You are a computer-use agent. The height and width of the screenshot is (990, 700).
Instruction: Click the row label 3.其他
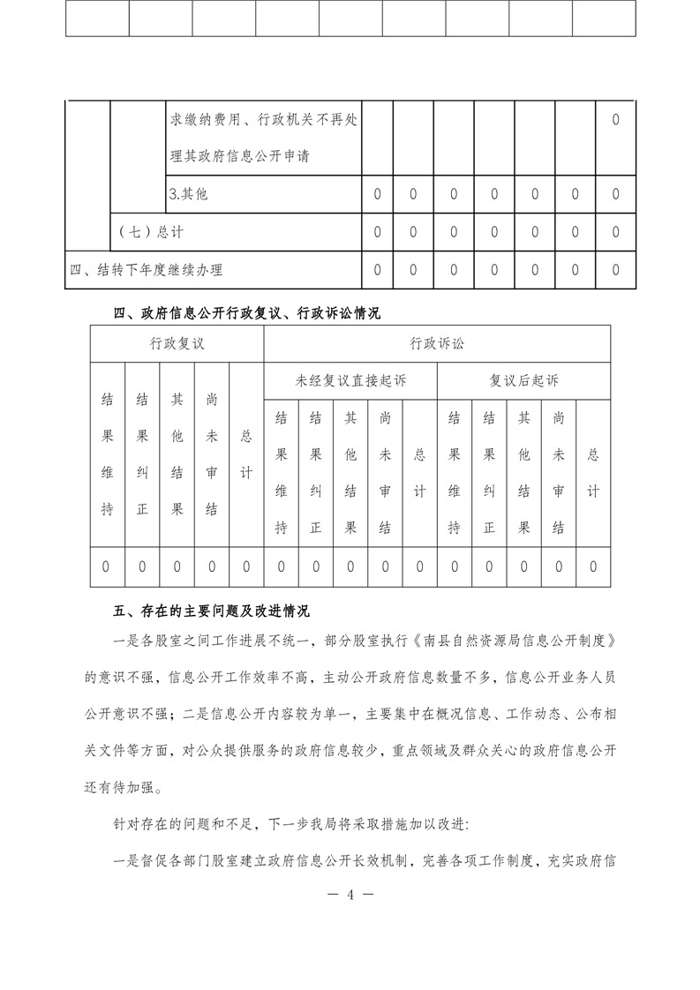(x=188, y=194)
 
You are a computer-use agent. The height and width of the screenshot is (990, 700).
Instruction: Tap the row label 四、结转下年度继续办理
(x=147, y=270)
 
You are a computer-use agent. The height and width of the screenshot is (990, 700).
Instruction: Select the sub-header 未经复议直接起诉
(x=350, y=381)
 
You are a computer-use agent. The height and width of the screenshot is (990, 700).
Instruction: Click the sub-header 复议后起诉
(x=523, y=381)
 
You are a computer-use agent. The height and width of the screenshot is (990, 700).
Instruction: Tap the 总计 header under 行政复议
(x=246, y=454)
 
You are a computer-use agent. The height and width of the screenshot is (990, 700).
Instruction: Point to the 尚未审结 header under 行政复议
(x=212, y=454)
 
